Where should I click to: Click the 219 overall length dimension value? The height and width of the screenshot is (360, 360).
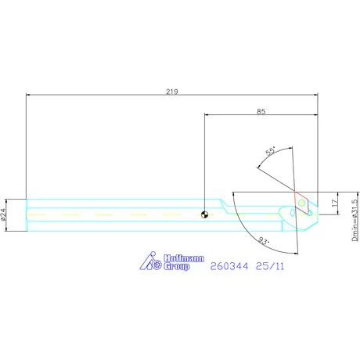[172, 92]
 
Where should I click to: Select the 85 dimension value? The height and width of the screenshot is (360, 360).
[261, 112]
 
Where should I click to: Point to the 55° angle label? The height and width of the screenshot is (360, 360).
[271, 151]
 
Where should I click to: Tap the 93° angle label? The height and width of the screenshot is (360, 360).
[264, 240]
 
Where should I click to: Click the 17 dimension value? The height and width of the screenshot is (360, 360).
[334, 203]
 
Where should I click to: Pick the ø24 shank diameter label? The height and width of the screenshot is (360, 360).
[3, 214]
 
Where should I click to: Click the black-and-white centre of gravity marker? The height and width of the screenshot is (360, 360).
[205, 215]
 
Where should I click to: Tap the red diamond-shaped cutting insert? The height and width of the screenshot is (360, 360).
[302, 203]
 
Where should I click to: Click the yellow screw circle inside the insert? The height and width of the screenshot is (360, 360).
[301, 202]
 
